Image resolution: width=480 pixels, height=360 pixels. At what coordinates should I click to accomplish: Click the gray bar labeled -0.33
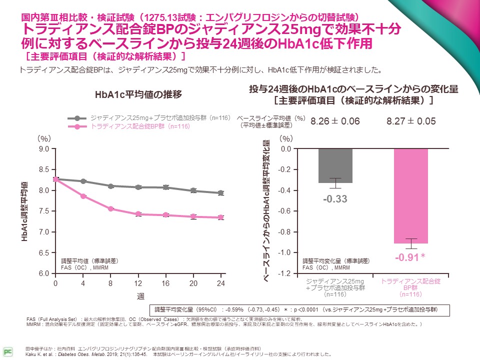click(x=335, y=165)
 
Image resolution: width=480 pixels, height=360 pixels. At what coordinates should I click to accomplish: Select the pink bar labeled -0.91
click(x=410, y=196)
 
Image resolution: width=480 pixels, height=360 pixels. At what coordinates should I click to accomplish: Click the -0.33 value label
click(x=335, y=199)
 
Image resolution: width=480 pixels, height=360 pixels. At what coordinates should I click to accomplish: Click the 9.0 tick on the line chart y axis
click(x=43, y=149)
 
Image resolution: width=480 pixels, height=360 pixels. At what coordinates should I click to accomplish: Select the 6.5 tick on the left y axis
click(x=43, y=253)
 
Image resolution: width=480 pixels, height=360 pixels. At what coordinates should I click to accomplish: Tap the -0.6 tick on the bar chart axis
click(x=285, y=211)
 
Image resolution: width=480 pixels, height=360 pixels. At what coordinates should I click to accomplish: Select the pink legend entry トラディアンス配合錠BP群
click(x=135, y=127)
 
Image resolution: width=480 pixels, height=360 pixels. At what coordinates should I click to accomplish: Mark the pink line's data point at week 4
click(x=83, y=196)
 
